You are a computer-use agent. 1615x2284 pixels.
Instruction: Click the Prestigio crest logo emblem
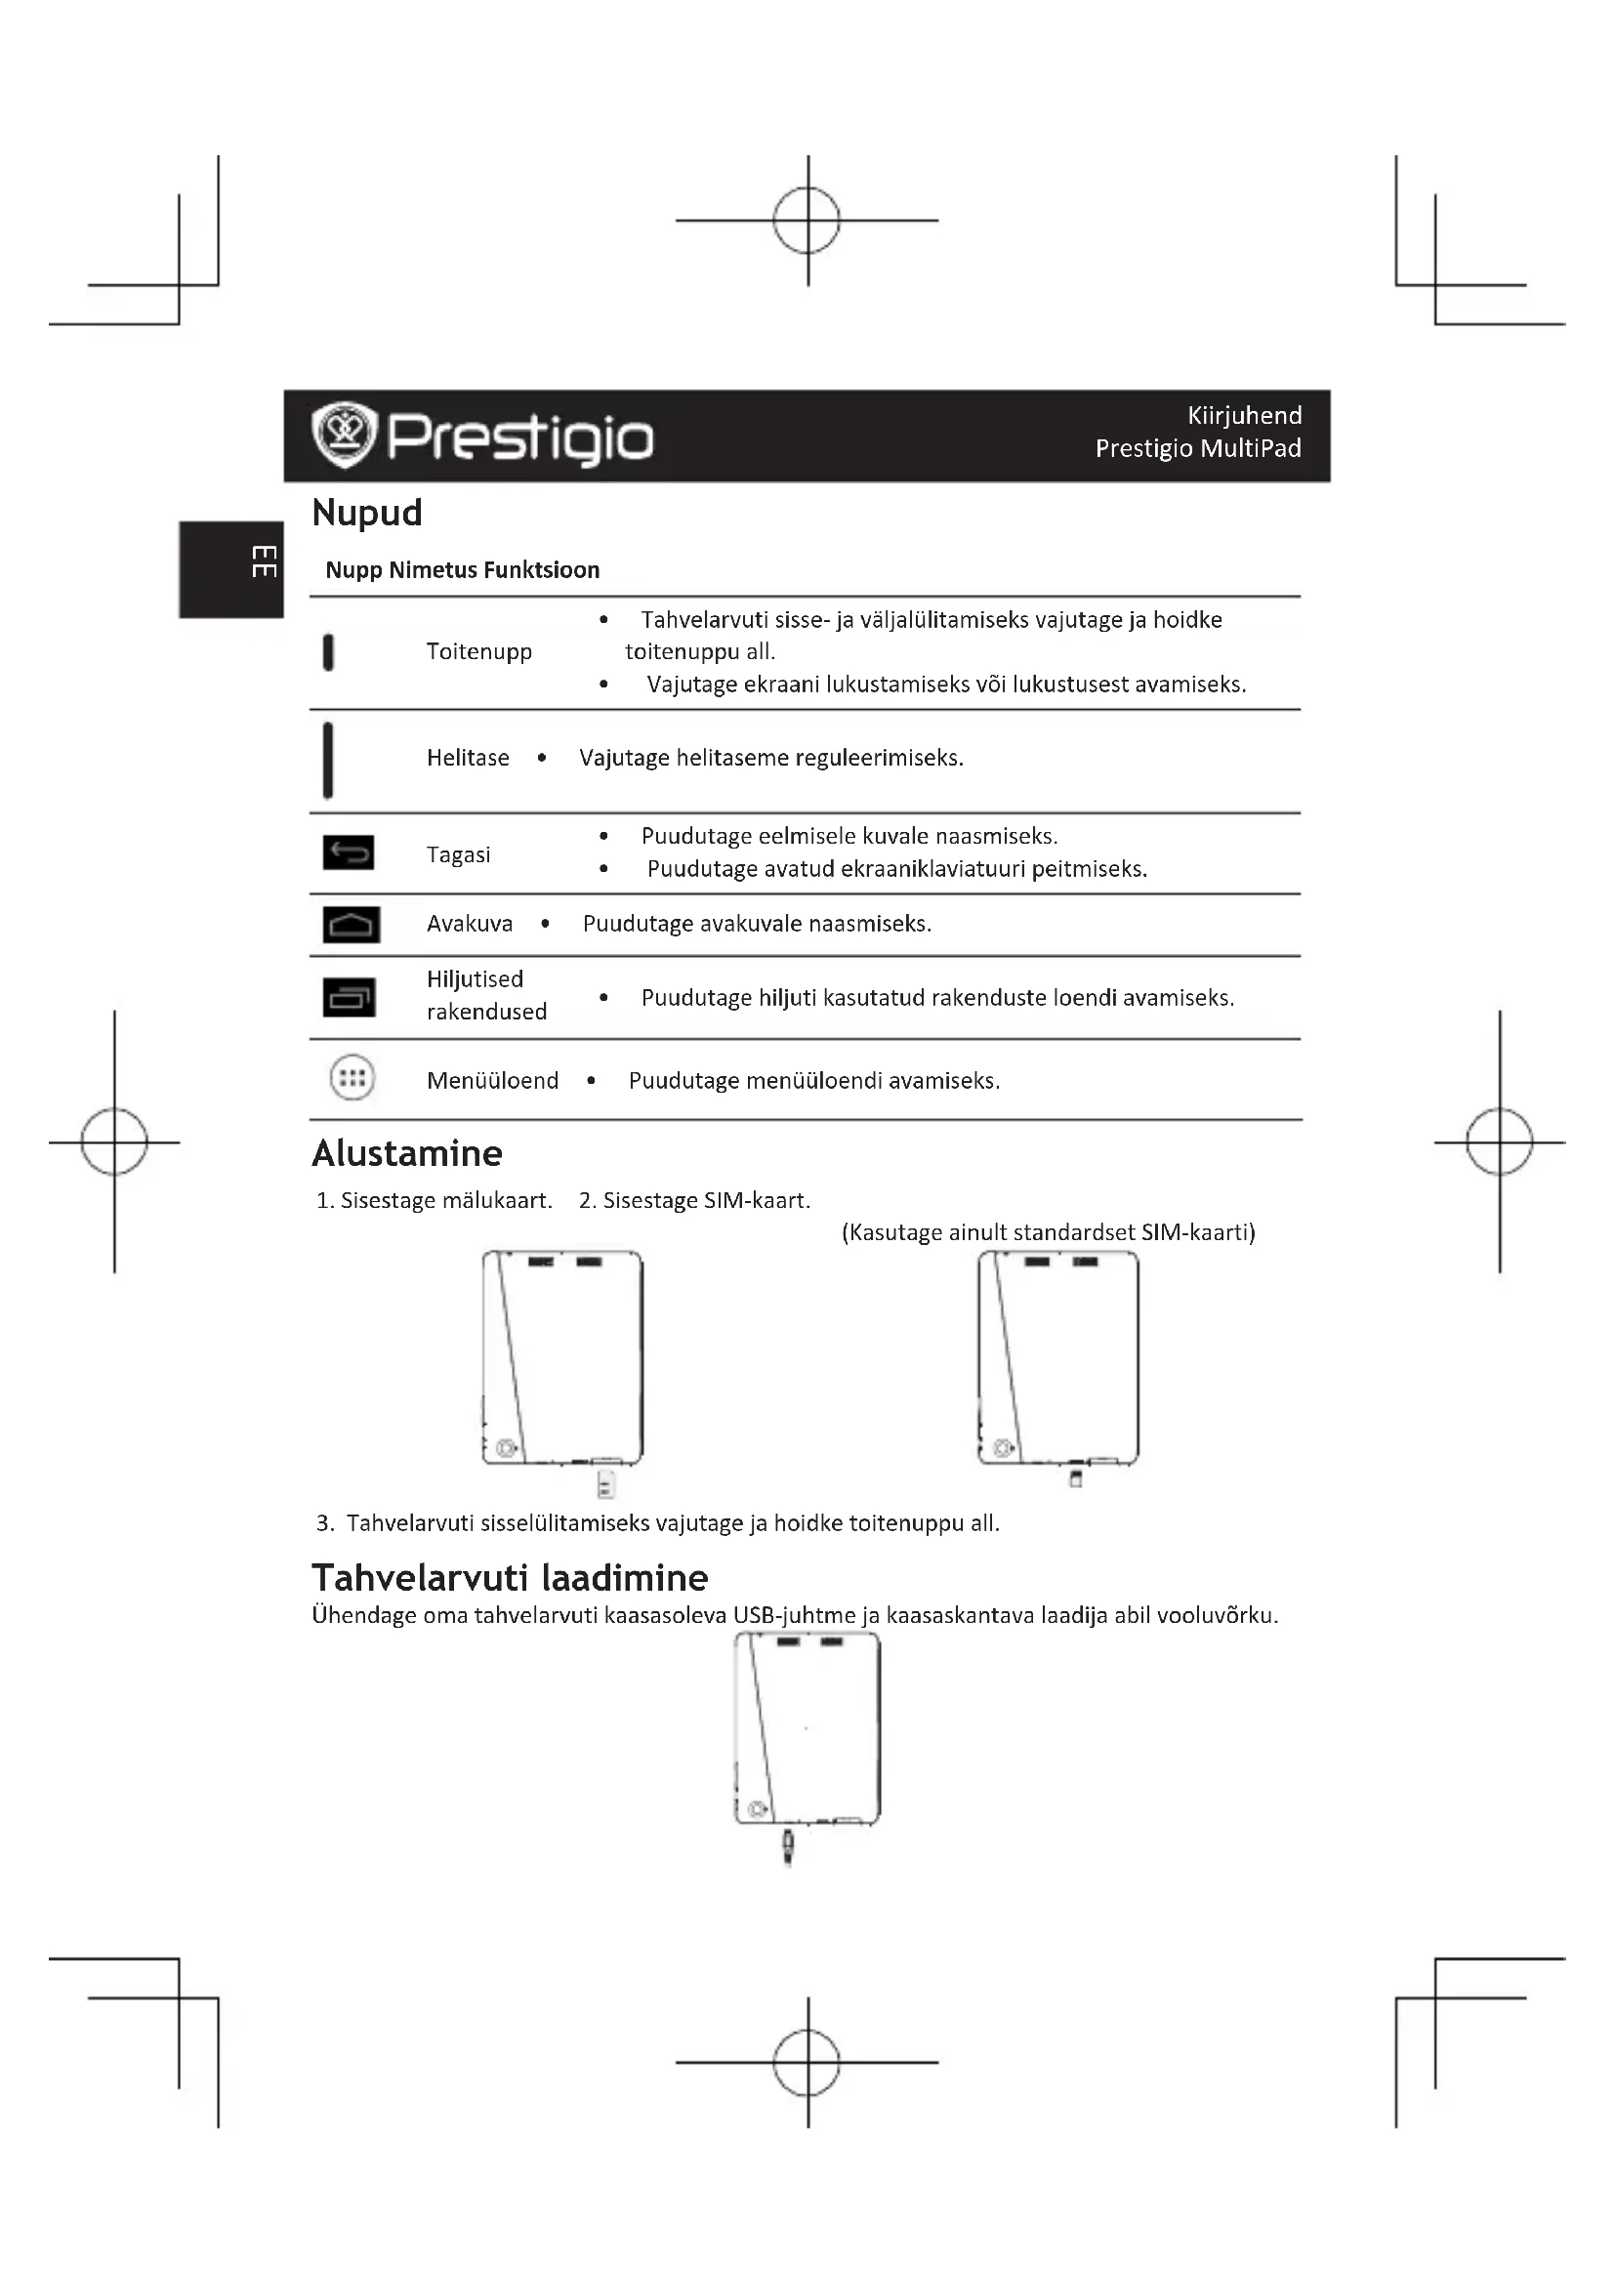tap(344, 435)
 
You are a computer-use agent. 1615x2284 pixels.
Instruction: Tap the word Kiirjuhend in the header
tap(1244, 416)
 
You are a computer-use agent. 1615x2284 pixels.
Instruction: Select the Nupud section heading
tap(367, 514)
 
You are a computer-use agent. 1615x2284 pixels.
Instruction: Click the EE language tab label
tap(263, 561)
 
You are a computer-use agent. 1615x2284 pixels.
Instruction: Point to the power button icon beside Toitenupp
tap(328, 652)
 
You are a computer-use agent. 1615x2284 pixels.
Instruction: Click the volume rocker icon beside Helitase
tap(328, 760)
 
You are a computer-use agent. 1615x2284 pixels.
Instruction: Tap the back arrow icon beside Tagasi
tap(349, 852)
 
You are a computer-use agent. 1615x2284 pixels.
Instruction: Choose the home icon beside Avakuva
tap(352, 924)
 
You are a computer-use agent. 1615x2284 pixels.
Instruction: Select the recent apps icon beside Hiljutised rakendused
tap(349, 997)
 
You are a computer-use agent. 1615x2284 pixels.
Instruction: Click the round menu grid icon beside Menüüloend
tap(352, 1077)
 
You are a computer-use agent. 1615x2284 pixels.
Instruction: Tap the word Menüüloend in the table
tap(492, 1080)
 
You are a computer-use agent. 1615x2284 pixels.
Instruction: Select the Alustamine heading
tap(407, 1154)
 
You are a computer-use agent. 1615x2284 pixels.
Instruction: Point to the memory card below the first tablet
tap(605, 1485)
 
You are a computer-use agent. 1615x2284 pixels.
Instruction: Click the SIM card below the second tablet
tap(1075, 1479)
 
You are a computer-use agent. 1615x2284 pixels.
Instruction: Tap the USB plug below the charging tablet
tap(788, 1847)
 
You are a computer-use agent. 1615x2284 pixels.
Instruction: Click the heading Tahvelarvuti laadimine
tap(510, 1579)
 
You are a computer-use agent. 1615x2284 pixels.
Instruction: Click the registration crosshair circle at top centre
tap(807, 221)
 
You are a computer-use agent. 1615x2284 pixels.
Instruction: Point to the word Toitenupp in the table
tap(479, 651)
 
